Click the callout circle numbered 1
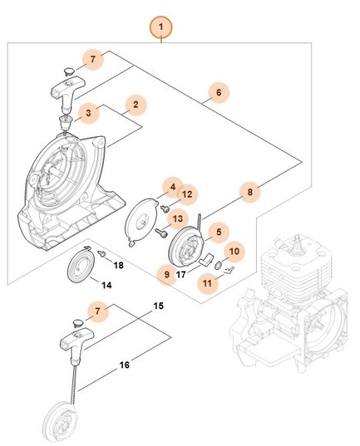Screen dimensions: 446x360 tap(162, 29)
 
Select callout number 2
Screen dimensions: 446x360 tap(136, 104)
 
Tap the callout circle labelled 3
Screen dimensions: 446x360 tap(89, 113)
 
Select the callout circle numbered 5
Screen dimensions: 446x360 tap(218, 231)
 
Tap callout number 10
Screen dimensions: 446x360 tap(235, 251)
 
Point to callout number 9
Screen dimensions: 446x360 tap(166, 273)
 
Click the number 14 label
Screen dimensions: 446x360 tap(107, 285)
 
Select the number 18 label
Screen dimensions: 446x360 tap(118, 265)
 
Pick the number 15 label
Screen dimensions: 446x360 tap(158, 306)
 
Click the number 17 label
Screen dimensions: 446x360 tap(182, 274)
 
